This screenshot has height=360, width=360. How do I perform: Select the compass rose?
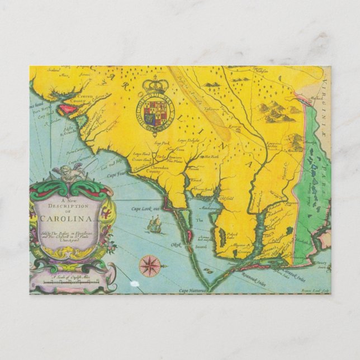150,266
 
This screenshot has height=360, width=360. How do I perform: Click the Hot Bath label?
211,157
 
